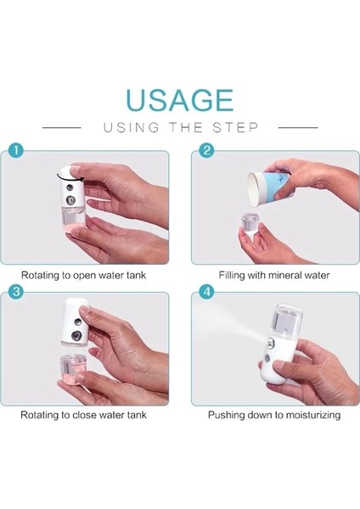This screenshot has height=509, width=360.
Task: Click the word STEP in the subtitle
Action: pyautogui.click(x=235, y=127)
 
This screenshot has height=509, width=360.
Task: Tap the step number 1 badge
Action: pyautogui.click(x=15, y=151)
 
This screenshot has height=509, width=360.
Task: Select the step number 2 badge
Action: pyautogui.click(x=206, y=151)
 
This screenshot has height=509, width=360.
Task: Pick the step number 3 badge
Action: pyautogui.click(x=15, y=292)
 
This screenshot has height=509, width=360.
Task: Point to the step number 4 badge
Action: pyautogui.click(x=206, y=292)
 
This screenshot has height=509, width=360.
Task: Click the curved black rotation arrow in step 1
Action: pyautogui.click(x=70, y=176)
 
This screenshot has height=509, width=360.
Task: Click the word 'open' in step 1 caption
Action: pyautogui.click(x=84, y=276)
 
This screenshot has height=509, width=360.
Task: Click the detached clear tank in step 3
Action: pyautogui.click(x=73, y=369)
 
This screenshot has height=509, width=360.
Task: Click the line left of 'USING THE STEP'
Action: pyautogui.click(x=62, y=127)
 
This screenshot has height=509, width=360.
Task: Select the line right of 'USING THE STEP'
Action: pyautogui.click(x=298, y=127)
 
